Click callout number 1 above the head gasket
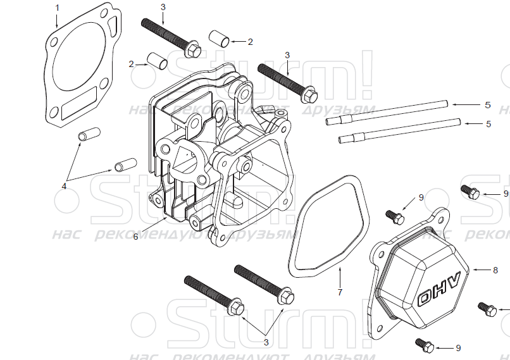[x=57, y=7]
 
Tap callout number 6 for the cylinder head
[x=135, y=237]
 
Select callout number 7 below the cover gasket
[x=339, y=292]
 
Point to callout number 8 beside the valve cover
[x=495, y=270]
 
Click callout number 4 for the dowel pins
[x=64, y=186]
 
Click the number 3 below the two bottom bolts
[x=266, y=342]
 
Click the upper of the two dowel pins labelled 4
[x=89, y=135]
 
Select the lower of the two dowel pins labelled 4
[x=123, y=166]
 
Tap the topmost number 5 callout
[x=488, y=104]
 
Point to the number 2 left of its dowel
[x=132, y=64]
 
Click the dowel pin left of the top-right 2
[x=218, y=38]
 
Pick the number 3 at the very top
[x=163, y=6]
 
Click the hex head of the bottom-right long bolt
[x=286, y=295]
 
